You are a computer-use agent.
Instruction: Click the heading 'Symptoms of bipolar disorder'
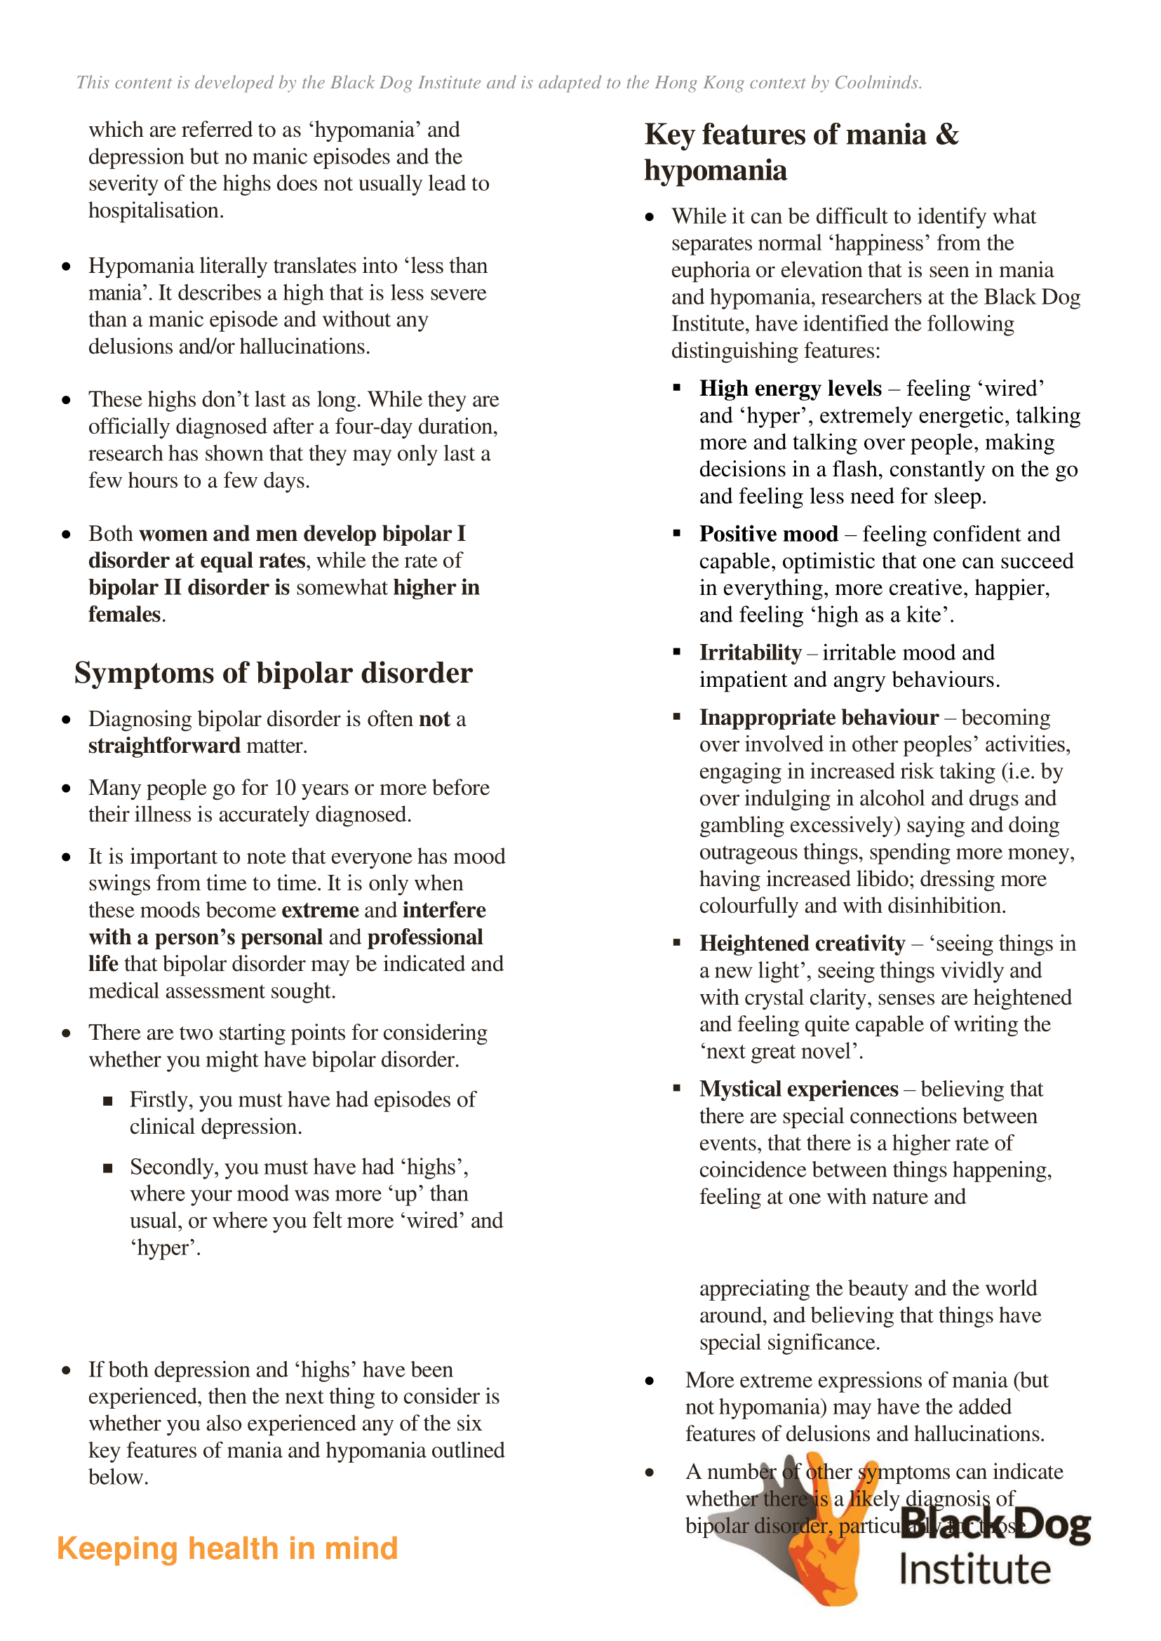[273, 674]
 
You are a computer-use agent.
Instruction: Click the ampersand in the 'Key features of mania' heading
[946, 135]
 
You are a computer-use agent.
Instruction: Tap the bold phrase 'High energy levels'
[790, 388]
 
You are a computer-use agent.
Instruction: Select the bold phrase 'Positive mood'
[769, 534]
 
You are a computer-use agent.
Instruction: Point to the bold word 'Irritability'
[750, 653]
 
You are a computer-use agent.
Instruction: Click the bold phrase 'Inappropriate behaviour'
[819, 718]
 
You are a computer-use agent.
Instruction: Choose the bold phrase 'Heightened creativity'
[802, 944]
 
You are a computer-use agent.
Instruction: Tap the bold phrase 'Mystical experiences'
[798, 1089]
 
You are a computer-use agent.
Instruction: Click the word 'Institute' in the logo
[974, 1570]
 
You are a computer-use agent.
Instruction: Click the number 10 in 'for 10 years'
[285, 788]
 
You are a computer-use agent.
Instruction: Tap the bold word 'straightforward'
[164, 746]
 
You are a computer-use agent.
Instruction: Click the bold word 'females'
[124, 615]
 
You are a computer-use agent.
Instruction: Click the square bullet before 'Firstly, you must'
[108, 1101]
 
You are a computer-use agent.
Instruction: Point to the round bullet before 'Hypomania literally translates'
[66, 267]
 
